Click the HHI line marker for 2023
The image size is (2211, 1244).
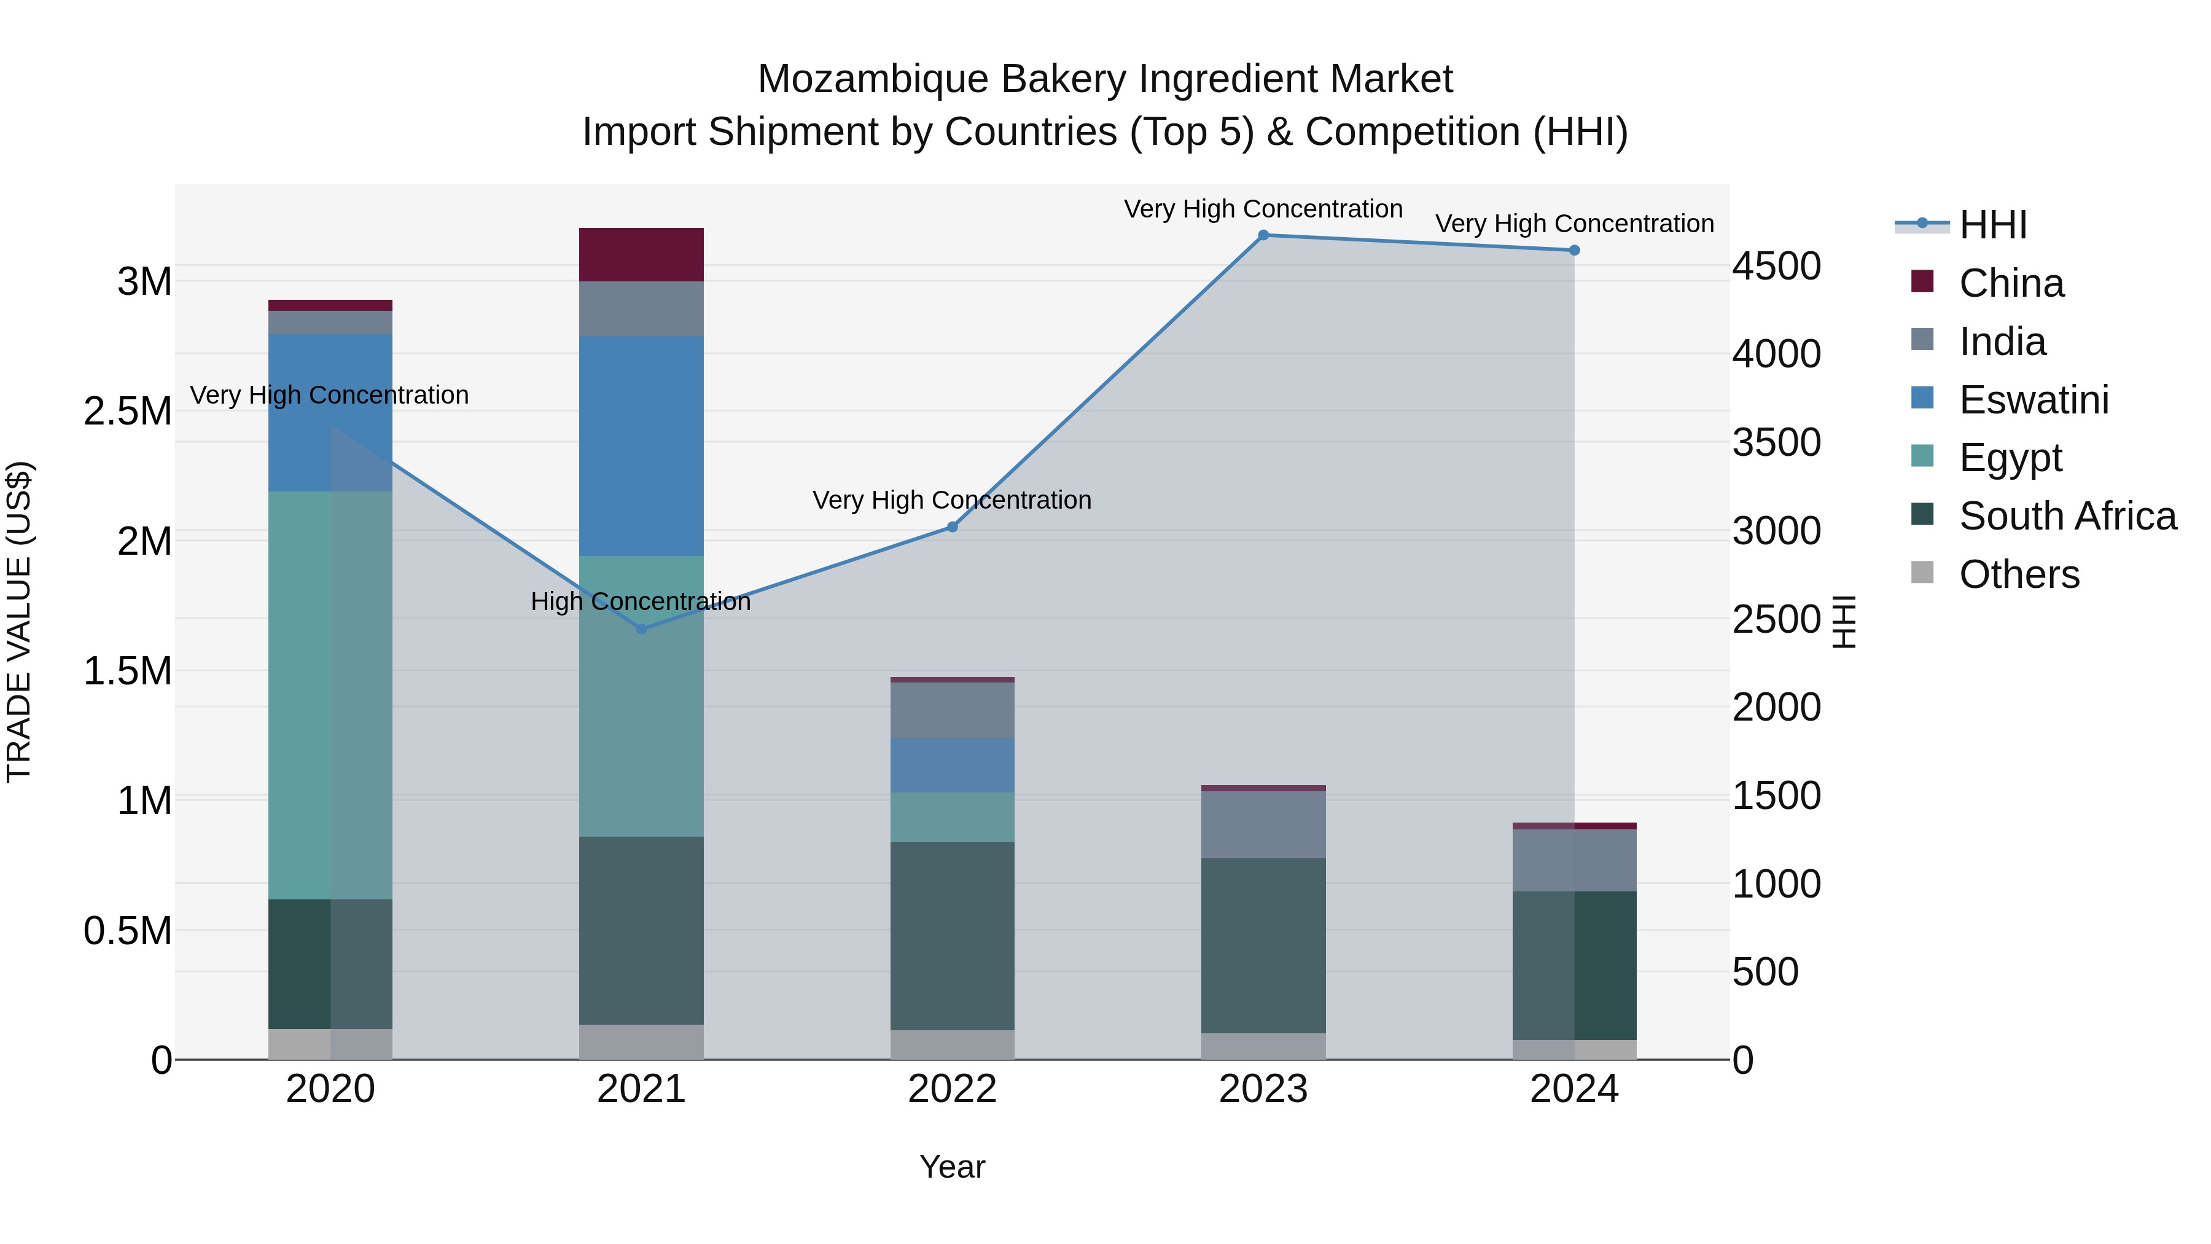click(x=1263, y=235)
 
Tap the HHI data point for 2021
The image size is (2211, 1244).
click(x=641, y=629)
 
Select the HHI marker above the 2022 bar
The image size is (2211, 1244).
click(x=952, y=527)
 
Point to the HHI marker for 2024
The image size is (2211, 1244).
click(x=1574, y=251)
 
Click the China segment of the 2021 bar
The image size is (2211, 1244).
click(x=641, y=255)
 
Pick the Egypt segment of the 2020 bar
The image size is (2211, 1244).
click(x=330, y=695)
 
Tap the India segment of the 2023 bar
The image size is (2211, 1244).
click(x=1263, y=824)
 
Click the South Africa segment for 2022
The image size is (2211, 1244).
click(x=952, y=936)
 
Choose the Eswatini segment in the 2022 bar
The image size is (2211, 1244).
click(x=952, y=765)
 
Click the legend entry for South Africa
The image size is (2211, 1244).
click(x=2067, y=516)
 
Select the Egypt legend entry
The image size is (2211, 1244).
click(x=2010, y=458)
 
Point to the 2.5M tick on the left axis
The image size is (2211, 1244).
click(x=127, y=411)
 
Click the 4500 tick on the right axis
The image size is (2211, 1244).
click(x=1776, y=266)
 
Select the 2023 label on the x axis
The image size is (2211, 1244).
click(x=1263, y=1089)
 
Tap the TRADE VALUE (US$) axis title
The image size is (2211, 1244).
click(x=19, y=622)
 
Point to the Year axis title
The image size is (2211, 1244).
click(x=952, y=1167)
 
